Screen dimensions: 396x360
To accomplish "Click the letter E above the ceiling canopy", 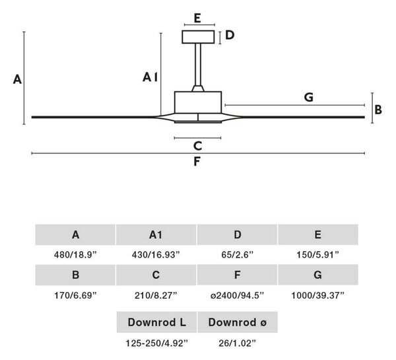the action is click(197, 18).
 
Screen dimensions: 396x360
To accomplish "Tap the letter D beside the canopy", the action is click(230, 35).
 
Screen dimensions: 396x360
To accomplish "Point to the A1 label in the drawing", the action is click(150, 77).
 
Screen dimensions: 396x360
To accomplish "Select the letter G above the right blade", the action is click(309, 97).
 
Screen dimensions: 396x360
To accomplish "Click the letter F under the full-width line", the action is click(197, 162).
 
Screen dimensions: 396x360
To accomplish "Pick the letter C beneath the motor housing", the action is click(197, 146).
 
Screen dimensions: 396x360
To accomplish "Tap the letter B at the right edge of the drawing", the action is click(378, 110).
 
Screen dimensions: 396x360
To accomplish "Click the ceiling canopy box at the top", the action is click(198, 37).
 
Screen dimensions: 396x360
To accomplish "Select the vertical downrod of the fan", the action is click(198, 65).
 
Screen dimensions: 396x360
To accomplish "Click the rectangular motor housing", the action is click(198, 102).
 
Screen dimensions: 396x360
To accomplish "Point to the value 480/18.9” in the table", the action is click(75, 254).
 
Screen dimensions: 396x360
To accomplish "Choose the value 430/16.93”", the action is click(156, 254).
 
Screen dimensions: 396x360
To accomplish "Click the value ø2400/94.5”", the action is click(237, 295).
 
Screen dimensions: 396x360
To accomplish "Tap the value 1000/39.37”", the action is click(317, 295).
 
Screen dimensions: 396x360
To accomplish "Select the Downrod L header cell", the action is click(156, 322).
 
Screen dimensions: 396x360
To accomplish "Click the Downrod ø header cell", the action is click(238, 322).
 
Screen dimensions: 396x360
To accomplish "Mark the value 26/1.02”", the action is click(237, 343).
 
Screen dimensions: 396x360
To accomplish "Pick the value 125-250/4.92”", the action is click(157, 343).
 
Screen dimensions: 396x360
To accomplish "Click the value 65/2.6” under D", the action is click(237, 254).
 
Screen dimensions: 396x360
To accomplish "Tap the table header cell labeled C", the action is click(156, 275).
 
